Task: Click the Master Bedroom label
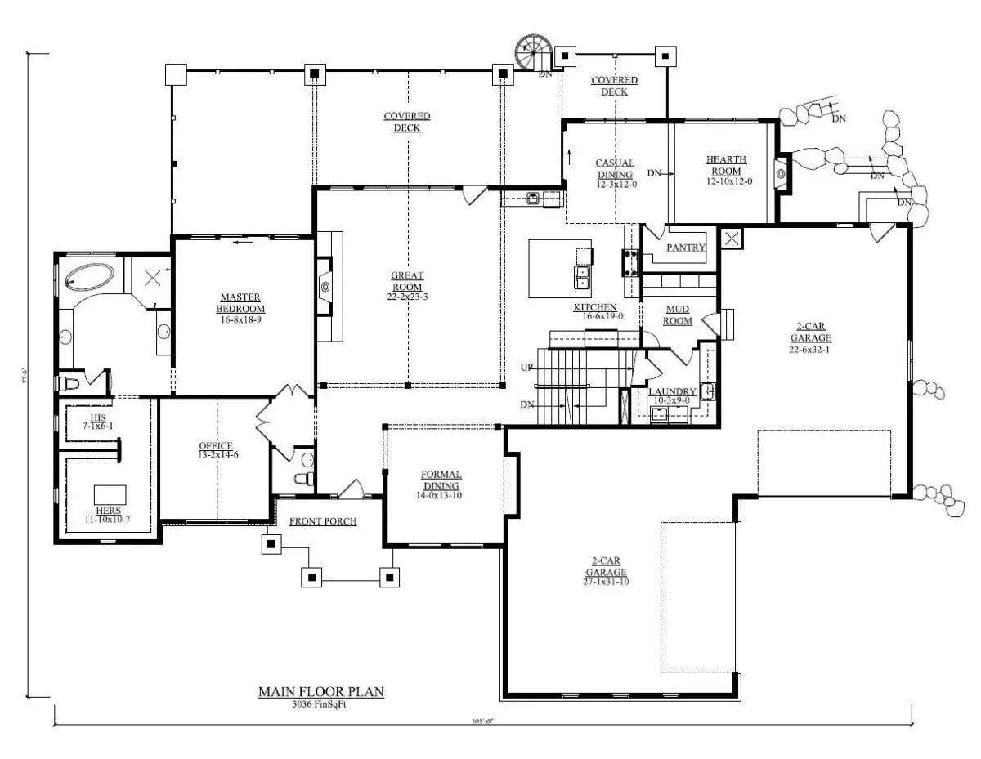(241, 302)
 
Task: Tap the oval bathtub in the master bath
(91, 277)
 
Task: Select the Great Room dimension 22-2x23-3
(407, 297)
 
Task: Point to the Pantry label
(685, 248)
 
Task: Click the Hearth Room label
(726, 165)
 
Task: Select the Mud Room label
(679, 315)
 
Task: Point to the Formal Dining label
(441, 480)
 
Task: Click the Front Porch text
(323, 521)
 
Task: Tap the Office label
(216, 446)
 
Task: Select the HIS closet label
(98, 417)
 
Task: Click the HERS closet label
(108, 511)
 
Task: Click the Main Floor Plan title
(321, 692)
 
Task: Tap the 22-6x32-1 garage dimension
(811, 348)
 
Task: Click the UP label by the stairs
(526, 368)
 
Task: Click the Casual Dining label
(615, 169)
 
